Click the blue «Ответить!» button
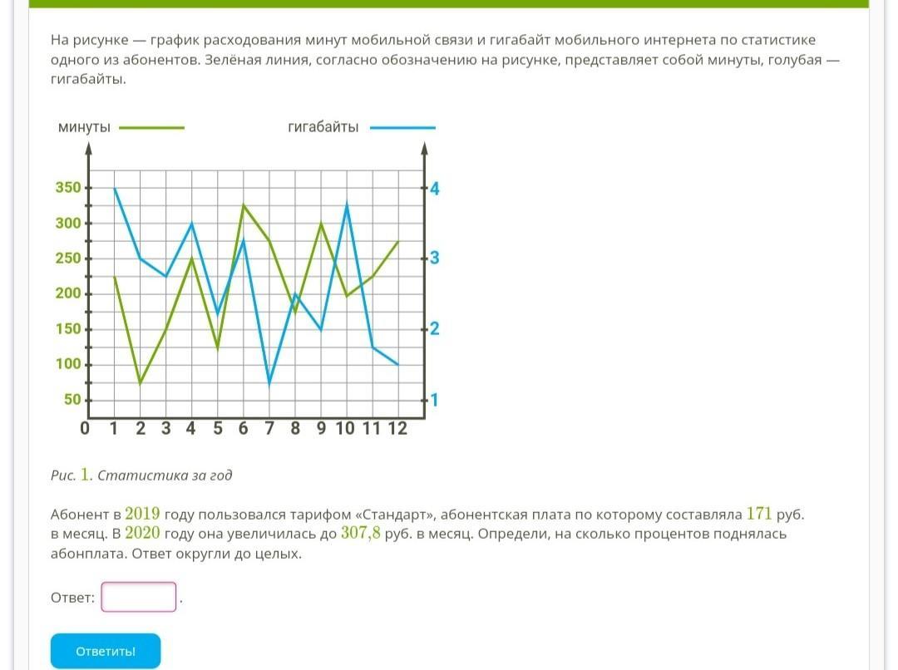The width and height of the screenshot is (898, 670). tap(106, 651)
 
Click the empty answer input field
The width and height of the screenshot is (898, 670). tap(139, 597)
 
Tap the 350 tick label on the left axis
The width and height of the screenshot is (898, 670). tap(69, 188)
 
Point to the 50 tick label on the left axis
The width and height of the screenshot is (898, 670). tap(73, 400)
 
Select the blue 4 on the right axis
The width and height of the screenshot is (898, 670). tap(434, 189)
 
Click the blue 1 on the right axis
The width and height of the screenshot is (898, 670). tap(434, 401)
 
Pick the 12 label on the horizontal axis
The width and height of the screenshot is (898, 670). tap(397, 429)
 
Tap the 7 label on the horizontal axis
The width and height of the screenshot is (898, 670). tap(269, 429)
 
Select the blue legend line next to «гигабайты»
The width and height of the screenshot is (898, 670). tap(402, 128)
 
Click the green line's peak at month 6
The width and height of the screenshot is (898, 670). tap(244, 204)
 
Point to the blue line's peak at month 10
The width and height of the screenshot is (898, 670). tap(346, 204)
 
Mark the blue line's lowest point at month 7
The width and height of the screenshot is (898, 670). tap(269, 383)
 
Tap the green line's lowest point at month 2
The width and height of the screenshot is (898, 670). tap(141, 383)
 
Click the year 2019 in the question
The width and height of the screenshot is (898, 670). tap(142, 513)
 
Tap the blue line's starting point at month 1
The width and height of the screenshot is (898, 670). tap(115, 189)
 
